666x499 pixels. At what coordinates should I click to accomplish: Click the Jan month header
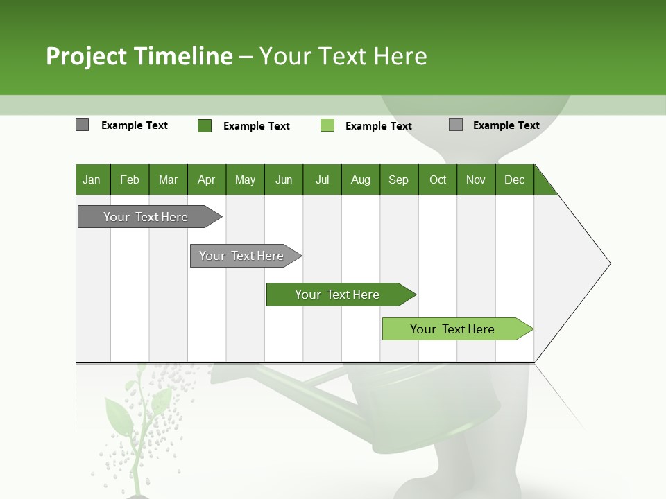(92, 180)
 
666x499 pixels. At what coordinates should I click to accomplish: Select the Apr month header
(206, 180)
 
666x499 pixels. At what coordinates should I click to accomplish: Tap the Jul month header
(322, 180)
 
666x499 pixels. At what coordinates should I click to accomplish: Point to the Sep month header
(398, 180)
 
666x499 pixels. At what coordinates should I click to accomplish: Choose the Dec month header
(514, 180)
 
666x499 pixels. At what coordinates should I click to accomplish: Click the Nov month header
(475, 180)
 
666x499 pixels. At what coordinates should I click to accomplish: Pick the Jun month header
(283, 180)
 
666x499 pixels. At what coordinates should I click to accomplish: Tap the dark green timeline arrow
(338, 295)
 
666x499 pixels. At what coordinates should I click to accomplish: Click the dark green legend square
(204, 125)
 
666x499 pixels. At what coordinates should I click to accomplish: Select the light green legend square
(327, 125)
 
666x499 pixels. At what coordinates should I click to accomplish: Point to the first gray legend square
(82, 125)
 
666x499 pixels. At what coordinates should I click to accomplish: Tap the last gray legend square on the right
(456, 125)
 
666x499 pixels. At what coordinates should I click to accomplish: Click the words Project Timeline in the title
(139, 56)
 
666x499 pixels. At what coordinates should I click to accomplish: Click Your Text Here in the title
(343, 56)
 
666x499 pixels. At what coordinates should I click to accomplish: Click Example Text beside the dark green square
(256, 126)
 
